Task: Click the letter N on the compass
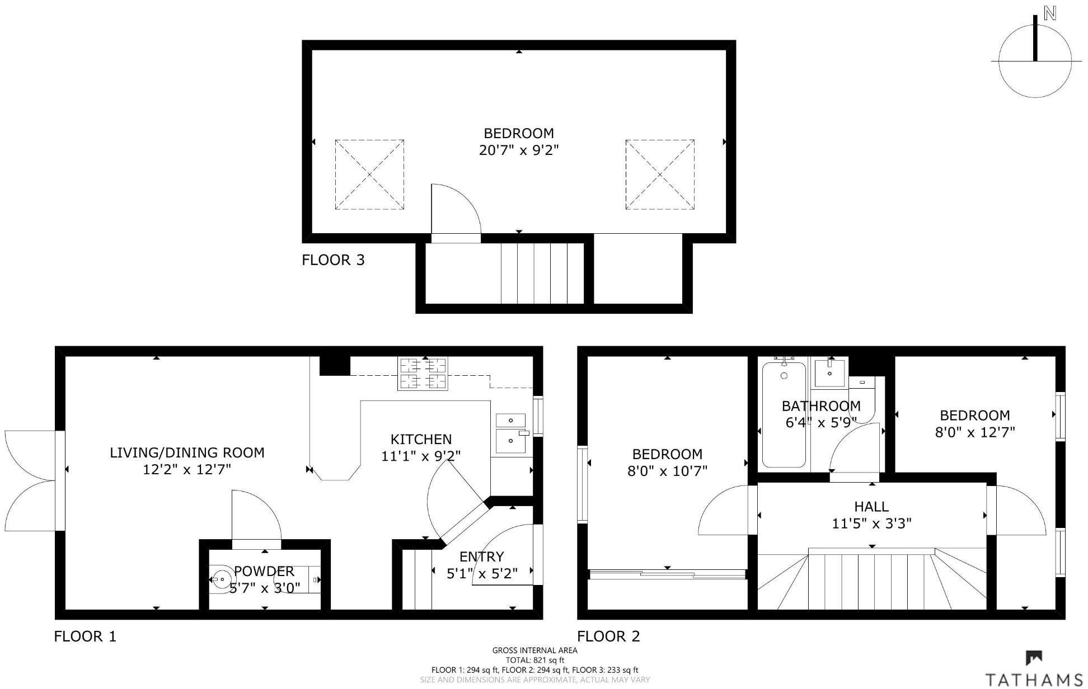pos(1049,14)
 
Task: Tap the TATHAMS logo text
pos(1033,679)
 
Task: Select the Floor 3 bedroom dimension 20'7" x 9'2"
pos(519,150)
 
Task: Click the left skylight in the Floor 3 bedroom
pos(369,174)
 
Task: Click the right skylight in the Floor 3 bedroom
pos(660,174)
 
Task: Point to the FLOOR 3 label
pos(333,260)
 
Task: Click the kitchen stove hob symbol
pos(423,374)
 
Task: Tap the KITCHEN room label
pos(421,440)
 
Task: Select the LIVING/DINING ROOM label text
pos(187,453)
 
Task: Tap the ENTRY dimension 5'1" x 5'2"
pos(482,573)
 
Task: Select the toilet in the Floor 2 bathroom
pos(862,400)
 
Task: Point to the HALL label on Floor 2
pos(871,507)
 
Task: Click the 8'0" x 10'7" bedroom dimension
pos(667,471)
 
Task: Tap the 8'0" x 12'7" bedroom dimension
pos(975,432)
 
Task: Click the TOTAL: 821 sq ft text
pos(534,660)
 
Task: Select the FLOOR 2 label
pos(608,636)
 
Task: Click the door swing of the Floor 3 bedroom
pos(454,211)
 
